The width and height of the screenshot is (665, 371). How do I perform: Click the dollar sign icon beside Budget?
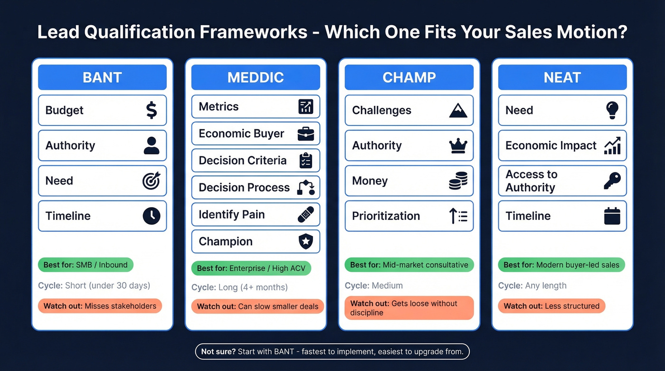pos(151,110)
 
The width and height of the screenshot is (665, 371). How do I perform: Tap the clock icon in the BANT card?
pos(151,216)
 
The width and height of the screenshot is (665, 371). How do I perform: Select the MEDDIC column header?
pos(256,77)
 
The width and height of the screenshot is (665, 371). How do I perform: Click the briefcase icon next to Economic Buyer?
pos(305,134)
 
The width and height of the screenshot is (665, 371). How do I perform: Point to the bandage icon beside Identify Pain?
pos(305,215)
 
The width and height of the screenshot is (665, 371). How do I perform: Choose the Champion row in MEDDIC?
pos(256,242)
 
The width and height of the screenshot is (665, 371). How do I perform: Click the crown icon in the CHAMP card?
pos(458,146)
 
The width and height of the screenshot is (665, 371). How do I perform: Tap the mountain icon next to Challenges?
pos(458,111)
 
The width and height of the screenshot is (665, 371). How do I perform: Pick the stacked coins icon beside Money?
pos(458,181)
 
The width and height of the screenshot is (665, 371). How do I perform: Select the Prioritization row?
pos(409,216)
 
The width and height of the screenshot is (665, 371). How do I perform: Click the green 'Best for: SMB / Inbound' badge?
pos(86,265)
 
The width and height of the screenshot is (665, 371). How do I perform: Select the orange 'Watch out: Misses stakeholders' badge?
pos(100,306)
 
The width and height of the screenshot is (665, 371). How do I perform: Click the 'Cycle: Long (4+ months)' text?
pos(239,287)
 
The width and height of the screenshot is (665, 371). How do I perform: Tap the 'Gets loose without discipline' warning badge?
pos(409,308)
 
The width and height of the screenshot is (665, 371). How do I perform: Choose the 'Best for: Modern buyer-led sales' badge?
pos(561,265)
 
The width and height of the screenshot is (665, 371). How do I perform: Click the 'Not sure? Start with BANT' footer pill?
pos(332,352)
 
